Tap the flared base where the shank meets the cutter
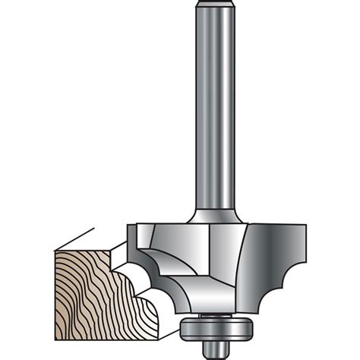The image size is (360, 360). pos(213,216)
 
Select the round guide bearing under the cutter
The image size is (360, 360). pos(207,327)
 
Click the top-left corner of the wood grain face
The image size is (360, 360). pos(57,251)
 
